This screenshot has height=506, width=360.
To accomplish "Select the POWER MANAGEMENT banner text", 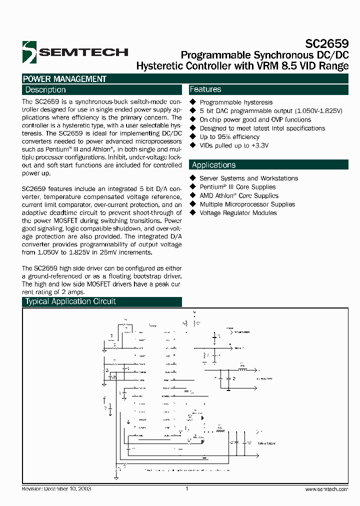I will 64,79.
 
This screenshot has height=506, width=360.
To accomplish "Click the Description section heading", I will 45,90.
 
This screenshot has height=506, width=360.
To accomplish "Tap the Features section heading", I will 205,89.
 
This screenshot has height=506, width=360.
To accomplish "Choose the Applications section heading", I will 213,165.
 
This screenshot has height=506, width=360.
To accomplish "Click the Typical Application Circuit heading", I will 70,301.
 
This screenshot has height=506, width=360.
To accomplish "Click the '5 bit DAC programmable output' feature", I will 270,111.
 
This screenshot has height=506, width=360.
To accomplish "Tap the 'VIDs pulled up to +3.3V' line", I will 234,145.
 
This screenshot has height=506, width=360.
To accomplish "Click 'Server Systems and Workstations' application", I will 248,178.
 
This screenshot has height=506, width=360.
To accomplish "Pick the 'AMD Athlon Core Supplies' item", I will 239,195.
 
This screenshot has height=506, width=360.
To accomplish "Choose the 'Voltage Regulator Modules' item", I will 238,213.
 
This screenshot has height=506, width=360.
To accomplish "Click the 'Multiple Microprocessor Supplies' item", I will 247,204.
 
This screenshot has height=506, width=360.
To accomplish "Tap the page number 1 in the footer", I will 186,489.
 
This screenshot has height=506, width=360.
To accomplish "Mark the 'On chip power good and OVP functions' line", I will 255,119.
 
